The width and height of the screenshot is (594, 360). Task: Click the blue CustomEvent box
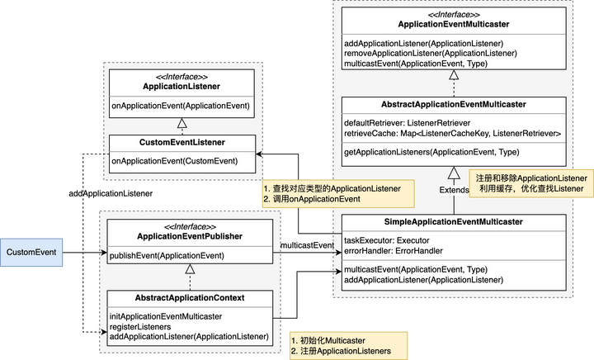[x=32, y=251]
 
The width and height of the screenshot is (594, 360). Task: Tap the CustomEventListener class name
[x=181, y=143]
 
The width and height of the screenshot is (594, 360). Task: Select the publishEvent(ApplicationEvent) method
[x=167, y=255]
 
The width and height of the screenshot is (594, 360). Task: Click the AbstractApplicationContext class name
[x=189, y=298]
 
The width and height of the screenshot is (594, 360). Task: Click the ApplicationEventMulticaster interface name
[x=452, y=26]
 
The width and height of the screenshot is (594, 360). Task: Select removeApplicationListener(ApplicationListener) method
[x=431, y=54]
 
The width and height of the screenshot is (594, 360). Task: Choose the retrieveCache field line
[x=452, y=133]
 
